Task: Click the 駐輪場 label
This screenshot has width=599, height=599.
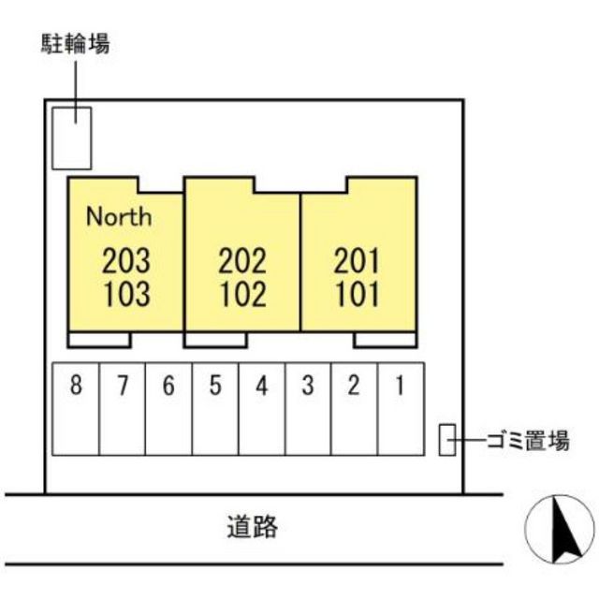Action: point(75,44)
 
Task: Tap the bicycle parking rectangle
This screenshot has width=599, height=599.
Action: point(71,138)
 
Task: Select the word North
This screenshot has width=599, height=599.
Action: point(119,216)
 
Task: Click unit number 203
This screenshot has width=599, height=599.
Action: point(126,260)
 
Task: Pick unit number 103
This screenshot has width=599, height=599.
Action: point(127,294)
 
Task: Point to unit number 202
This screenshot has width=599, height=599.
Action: point(242,260)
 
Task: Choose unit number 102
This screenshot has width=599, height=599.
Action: point(243,294)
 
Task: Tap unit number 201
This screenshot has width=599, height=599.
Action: point(357,260)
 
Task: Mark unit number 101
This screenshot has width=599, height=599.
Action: point(358,294)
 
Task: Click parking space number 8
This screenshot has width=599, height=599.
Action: point(76,385)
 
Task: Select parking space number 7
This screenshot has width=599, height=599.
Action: point(123,385)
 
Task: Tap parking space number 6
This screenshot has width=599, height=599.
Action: point(168,385)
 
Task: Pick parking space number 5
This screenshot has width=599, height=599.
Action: point(215,385)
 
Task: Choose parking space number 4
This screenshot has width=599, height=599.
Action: point(262,385)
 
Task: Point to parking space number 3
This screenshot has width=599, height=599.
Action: point(308,385)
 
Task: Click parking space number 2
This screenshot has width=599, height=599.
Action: point(354,385)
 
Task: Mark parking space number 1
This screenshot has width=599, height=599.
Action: point(400,385)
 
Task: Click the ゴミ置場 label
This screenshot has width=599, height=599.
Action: point(528,440)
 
